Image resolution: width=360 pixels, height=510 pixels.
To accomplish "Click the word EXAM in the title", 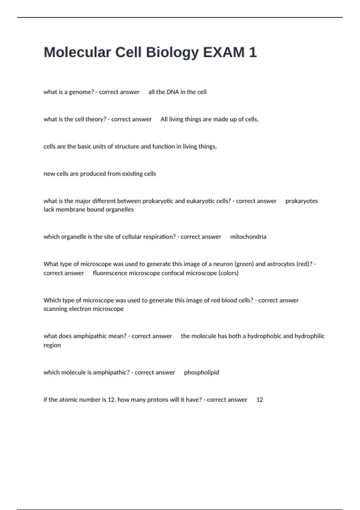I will [x=223, y=52].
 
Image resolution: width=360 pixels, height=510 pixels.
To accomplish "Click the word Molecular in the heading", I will [x=77, y=52].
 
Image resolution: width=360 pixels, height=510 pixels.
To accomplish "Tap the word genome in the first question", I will [x=81, y=92].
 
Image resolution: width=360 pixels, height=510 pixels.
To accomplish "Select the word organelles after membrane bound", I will [x=119, y=209].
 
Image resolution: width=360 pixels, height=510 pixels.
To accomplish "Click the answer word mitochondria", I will [x=248, y=237].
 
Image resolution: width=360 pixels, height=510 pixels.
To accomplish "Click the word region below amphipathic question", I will [x=52, y=345].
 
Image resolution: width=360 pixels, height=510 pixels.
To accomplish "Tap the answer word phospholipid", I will [x=201, y=372].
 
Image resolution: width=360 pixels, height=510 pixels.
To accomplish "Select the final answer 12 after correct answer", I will [x=259, y=400].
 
